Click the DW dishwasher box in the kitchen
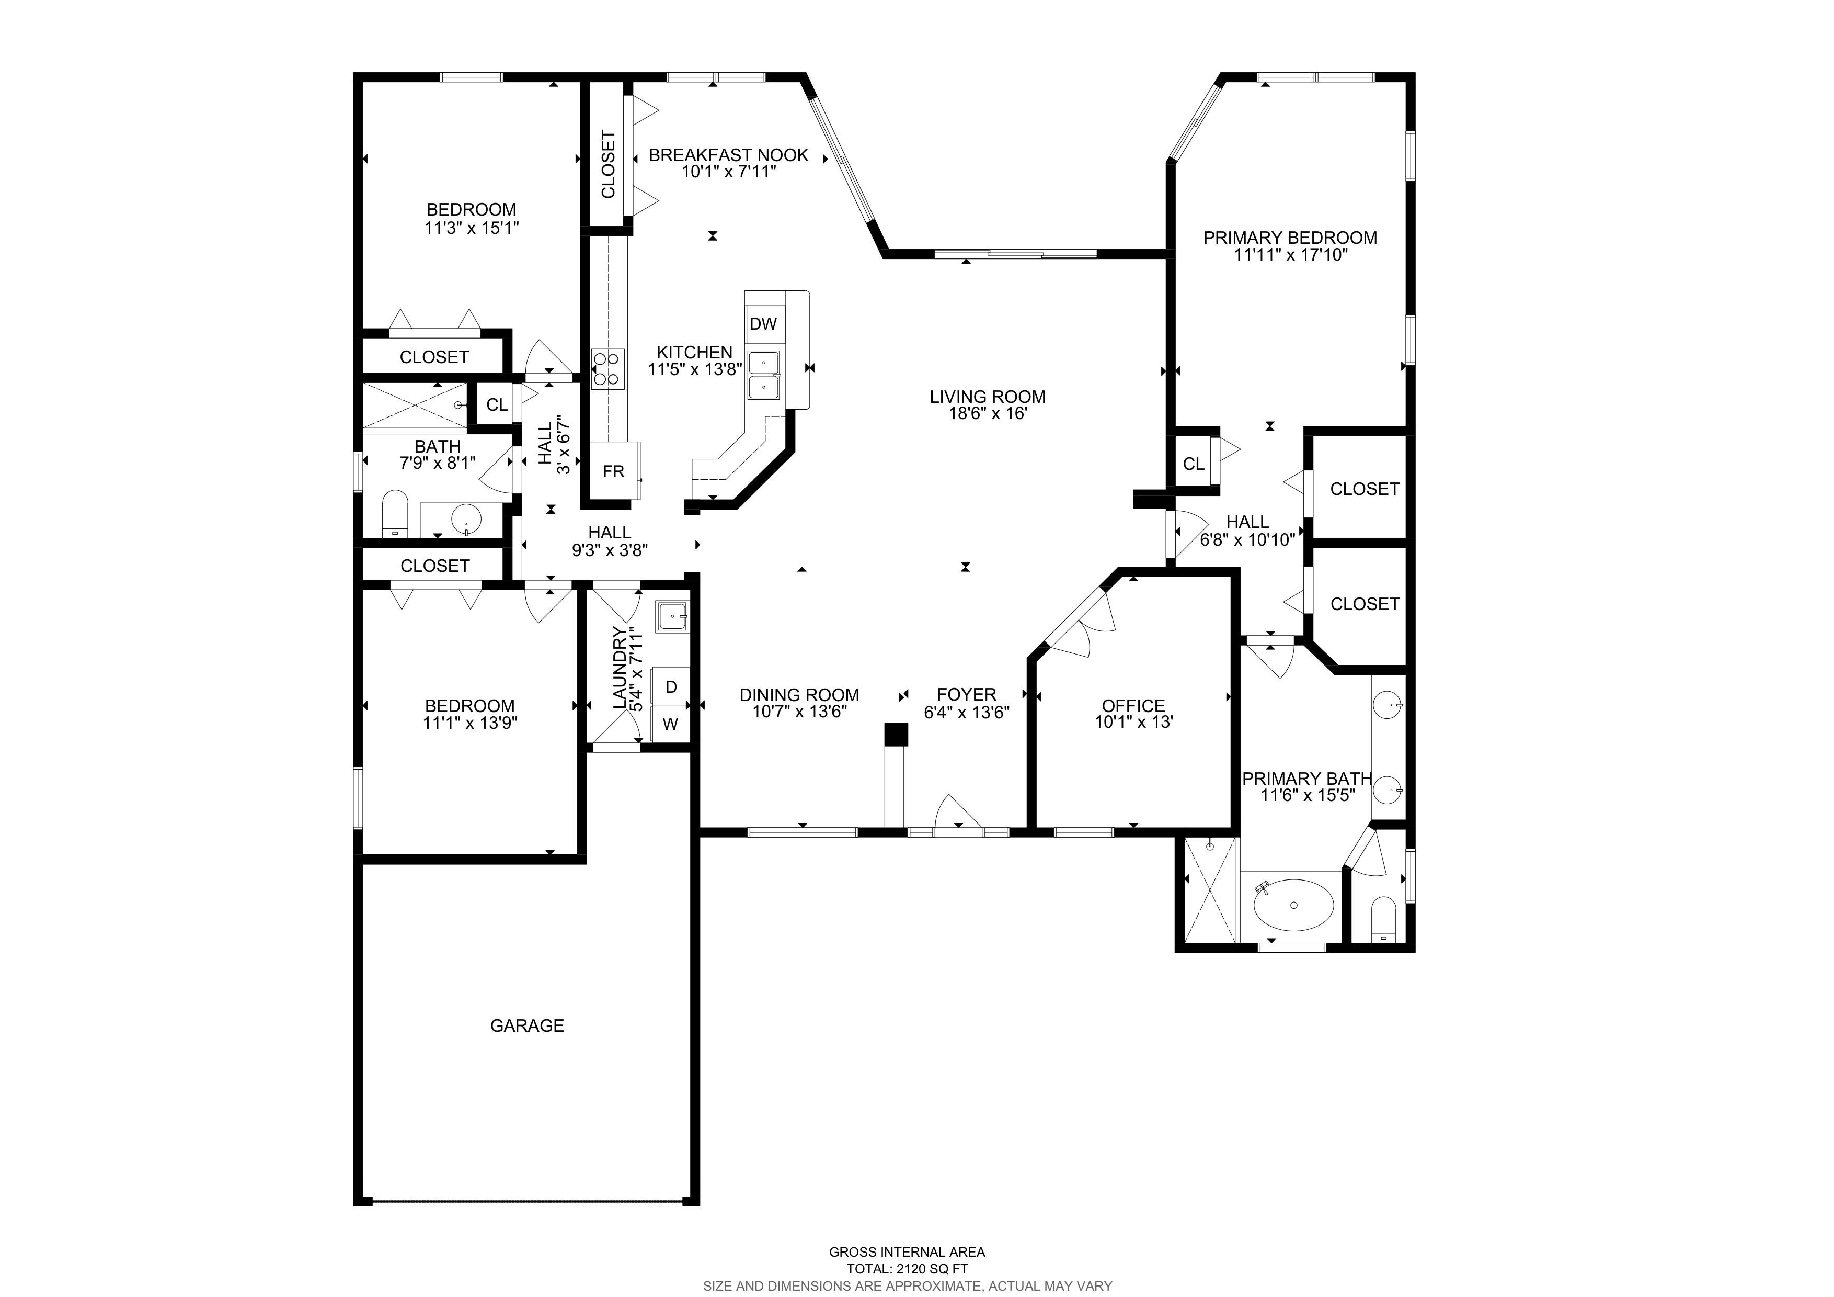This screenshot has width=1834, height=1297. pos(764,324)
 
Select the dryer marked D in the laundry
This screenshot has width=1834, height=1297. pos(671,686)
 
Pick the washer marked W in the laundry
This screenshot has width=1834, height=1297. pos(671,724)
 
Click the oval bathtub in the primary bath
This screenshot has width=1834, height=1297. pos(1294,906)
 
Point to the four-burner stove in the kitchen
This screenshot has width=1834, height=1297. pos(607,370)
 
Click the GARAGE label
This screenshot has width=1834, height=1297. pos(527,1025)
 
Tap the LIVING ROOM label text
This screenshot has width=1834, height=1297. pos(987,397)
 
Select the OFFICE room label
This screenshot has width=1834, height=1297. pos(1133,706)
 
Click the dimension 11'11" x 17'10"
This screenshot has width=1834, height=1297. pos(1291,255)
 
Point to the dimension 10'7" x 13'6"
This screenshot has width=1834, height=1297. pos(799,711)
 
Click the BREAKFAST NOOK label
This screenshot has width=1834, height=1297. pos(728,155)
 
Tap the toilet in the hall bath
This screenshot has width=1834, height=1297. pos(395,514)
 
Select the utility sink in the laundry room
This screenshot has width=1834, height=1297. pos(672,616)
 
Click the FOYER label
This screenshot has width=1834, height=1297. pos(967,694)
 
